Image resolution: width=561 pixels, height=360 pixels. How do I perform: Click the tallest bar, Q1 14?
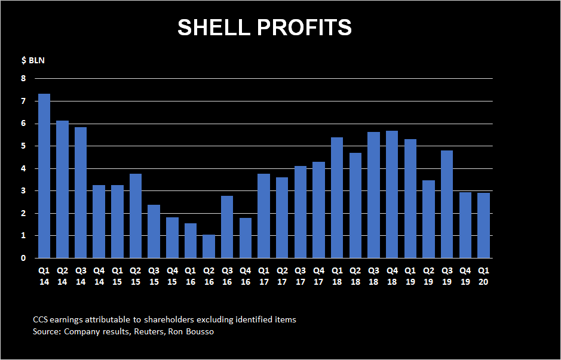pyautogui.click(x=44, y=176)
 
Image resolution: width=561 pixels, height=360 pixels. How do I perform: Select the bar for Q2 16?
pyautogui.click(x=209, y=247)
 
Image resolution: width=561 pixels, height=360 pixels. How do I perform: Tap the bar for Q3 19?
pyautogui.click(x=447, y=204)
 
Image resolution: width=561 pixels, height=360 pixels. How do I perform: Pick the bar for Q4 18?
pyautogui.click(x=392, y=195)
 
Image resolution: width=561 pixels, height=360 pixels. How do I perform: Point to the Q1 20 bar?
pyautogui.click(x=484, y=226)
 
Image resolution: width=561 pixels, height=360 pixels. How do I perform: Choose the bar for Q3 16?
pyautogui.click(x=227, y=227)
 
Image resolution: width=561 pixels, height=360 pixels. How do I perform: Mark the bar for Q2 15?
pyautogui.click(x=136, y=216)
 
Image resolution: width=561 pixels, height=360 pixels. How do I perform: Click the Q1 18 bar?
pyautogui.click(x=337, y=198)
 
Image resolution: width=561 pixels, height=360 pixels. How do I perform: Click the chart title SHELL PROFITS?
pyautogui.click(x=265, y=27)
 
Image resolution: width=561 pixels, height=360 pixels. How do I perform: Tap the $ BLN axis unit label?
pyautogui.click(x=33, y=60)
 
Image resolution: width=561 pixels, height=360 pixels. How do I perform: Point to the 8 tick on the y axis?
pyautogui.click(x=24, y=78)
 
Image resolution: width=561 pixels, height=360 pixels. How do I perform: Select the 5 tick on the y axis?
pyautogui.click(x=24, y=146)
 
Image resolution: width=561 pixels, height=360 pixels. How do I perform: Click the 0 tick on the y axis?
pyautogui.click(x=24, y=258)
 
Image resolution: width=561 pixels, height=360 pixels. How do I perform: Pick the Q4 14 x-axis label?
pyautogui.click(x=99, y=276)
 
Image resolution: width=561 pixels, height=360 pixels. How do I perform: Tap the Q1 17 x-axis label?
pyautogui.click(x=263, y=276)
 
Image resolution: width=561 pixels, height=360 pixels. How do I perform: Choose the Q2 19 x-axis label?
pyautogui.click(x=428, y=276)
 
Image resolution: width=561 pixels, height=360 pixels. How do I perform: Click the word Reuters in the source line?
pyautogui.click(x=146, y=331)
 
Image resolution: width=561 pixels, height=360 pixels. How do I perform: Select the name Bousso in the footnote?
pyautogui.click(x=201, y=331)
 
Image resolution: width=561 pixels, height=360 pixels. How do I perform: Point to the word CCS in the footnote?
pyautogui.click(x=39, y=319)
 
